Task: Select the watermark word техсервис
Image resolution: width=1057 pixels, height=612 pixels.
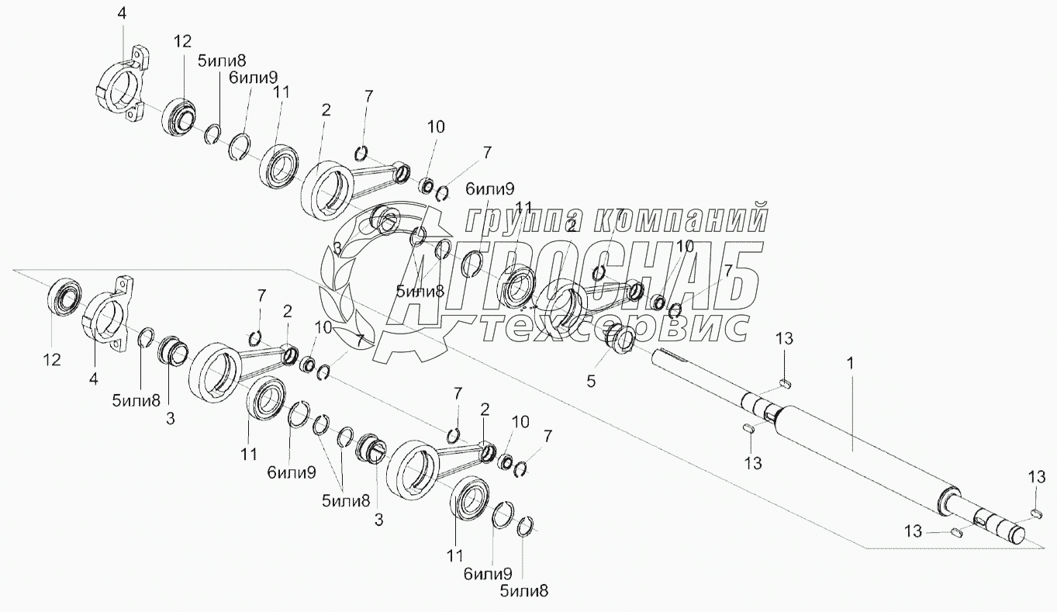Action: pos(613,328)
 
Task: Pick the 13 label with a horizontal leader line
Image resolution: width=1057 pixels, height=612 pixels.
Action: pos(913,531)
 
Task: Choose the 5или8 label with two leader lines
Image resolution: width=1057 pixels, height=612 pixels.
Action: pos(345,500)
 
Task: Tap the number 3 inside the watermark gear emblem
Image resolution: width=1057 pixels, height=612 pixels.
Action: pos(337,247)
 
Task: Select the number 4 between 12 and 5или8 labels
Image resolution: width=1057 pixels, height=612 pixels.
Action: pos(94,379)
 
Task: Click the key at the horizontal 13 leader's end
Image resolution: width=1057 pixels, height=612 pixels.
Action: pos(956,532)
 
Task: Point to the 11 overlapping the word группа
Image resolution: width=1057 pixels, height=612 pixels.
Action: pos(524,207)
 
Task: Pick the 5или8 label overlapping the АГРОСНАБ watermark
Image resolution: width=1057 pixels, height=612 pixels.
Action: pos(420,292)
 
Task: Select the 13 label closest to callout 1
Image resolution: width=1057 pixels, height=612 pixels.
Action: pos(785,337)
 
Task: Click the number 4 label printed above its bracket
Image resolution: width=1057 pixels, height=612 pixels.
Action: pos(121,12)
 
